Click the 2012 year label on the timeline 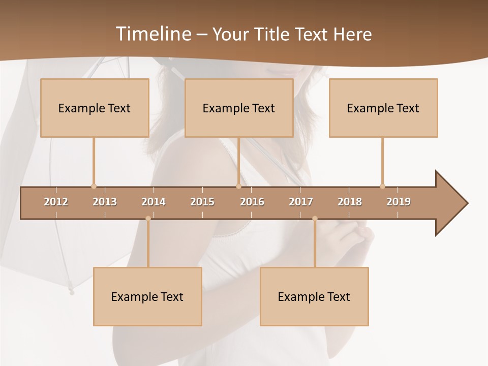[x=56, y=202]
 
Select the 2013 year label [x=105, y=202]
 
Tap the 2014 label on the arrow [x=154, y=202]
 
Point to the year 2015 [x=202, y=202]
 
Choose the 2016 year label [x=252, y=202]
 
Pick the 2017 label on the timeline [x=301, y=202]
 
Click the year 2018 [x=350, y=202]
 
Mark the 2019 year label [x=399, y=202]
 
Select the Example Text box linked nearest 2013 [x=95, y=108]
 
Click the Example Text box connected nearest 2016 [x=239, y=108]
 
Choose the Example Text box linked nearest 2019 [x=383, y=108]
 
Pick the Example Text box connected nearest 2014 [x=147, y=296]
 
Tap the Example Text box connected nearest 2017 [x=314, y=296]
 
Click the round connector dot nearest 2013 [x=94, y=186]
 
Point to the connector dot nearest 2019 [x=382, y=186]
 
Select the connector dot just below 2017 [x=315, y=219]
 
